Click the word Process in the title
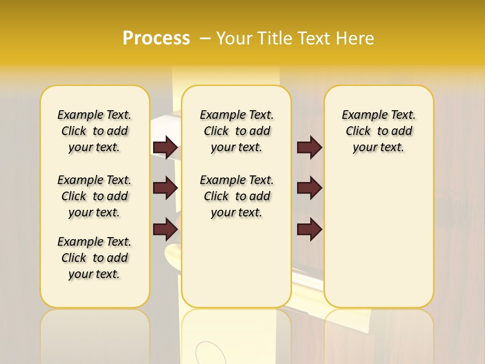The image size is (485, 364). pyautogui.click(x=156, y=38)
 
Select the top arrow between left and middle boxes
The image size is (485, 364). pyautogui.click(x=165, y=147)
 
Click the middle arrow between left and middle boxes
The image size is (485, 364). pyautogui.click(x=165, y=188)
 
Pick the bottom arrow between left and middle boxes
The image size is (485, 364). pyautogui.click(x=165, y=229)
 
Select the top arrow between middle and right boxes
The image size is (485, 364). pyautogui.click(x=309, y=147)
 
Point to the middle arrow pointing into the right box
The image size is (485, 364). pyautogui.click(x=309, y=188)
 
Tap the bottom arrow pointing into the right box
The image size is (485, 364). pyautogui.click(x=309, y=229)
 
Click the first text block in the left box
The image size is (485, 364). pyautogui.click(x=94, y=131)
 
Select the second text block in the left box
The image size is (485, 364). pyautogui.click(x=94, y=196)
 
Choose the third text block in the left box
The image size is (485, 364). pyautogui.click(x=94, y=258)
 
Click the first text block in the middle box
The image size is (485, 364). pyautogui.click(x=236, y=131)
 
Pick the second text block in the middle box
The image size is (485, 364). pyautogui.click(x=236, y=196)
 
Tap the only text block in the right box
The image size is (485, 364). pyautogui.click(x=378, y=131)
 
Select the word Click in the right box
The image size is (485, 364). pyautogui.click(x=358, y=131)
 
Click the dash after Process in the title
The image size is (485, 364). pyautogui.click(x=205, y=38)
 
